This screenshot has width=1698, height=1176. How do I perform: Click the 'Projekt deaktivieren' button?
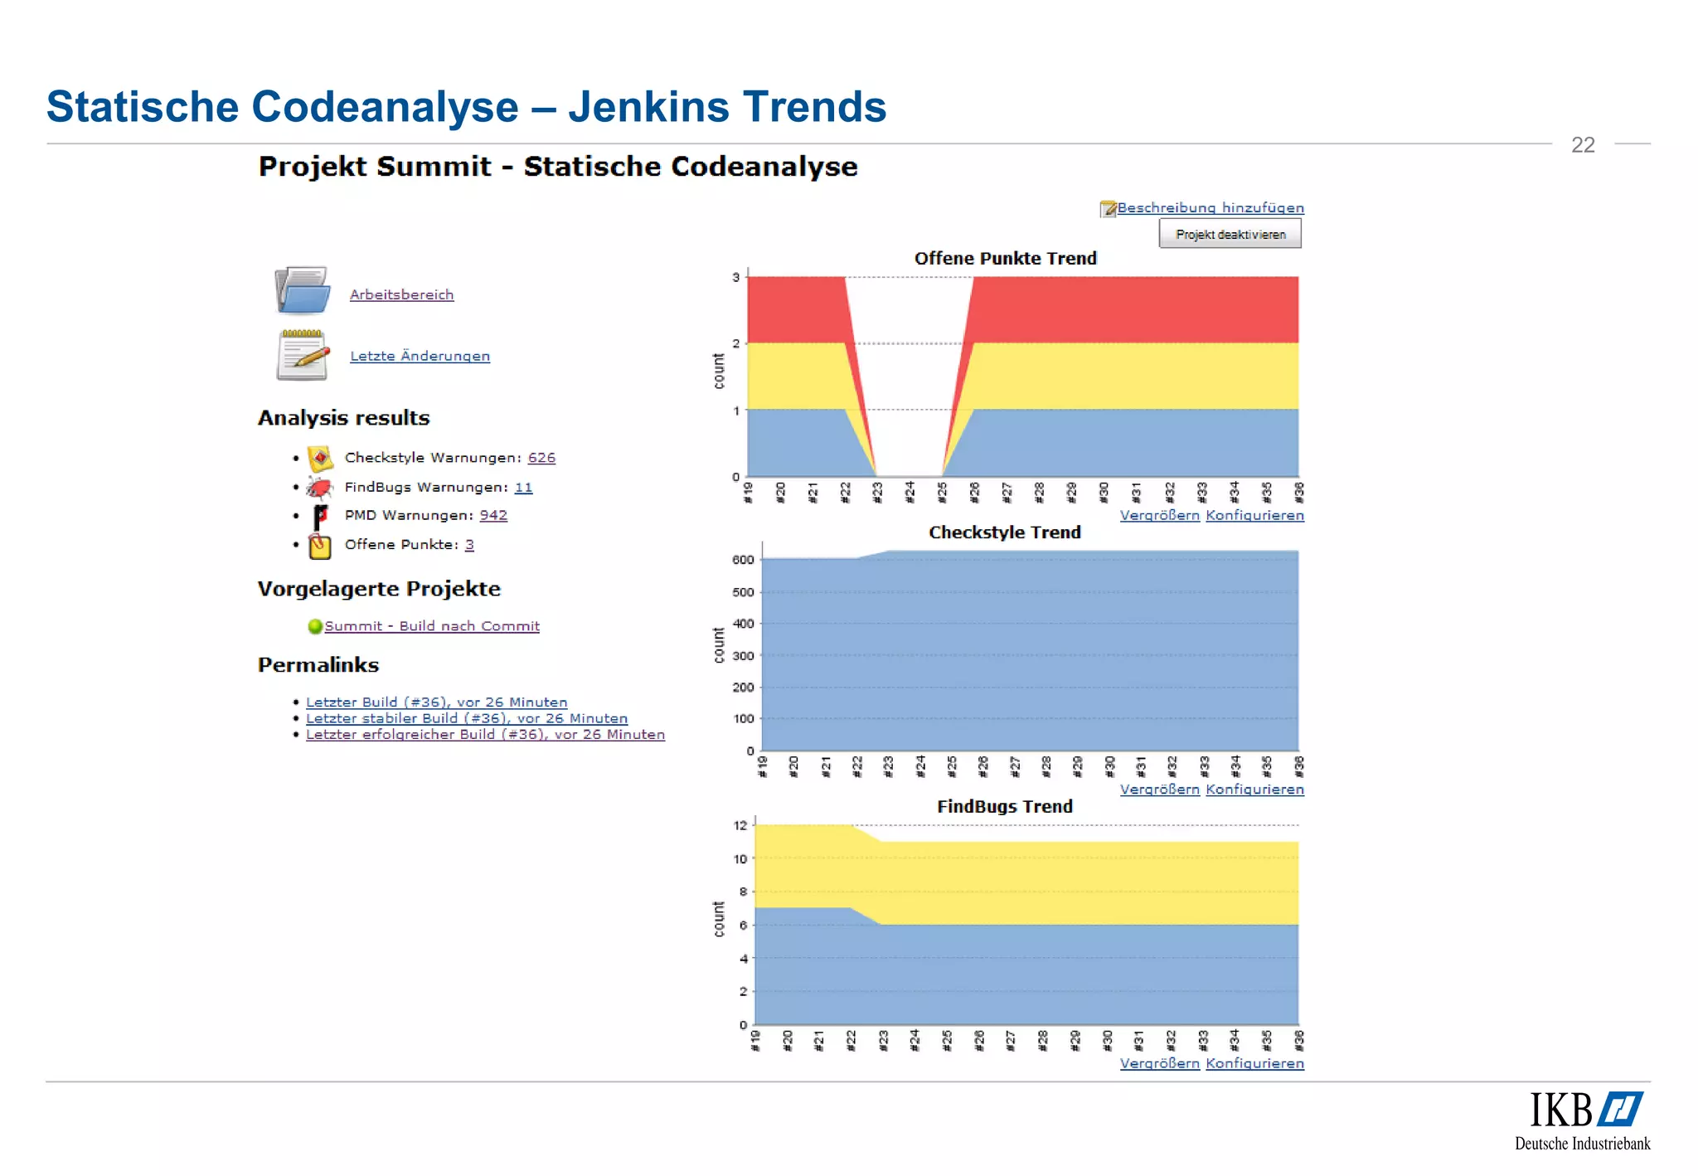(x=1230, y=235)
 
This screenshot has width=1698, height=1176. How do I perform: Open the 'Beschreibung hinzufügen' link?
(x=1210, y=208)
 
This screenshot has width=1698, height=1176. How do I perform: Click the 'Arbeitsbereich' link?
(x=401, y=294)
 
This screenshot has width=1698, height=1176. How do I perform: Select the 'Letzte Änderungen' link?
(x=420, y=356)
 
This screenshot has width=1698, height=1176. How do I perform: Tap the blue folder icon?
(x=303, y=290)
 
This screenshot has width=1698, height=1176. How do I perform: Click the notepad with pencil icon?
(x=303, y=355)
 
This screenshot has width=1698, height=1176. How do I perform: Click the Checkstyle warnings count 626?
(x=541, y=458)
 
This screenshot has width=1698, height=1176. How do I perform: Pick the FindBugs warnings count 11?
(x=523, y=488)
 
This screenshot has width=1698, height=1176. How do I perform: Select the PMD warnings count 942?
(x=493, y=515)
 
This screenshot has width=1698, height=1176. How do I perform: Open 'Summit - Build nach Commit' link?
(x=431, y=626)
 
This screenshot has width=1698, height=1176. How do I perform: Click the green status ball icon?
(x=315, y=626)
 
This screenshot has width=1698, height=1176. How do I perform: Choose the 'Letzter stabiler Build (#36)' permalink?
(x=467, y=718)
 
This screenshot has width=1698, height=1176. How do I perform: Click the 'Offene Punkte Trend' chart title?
(x=1005, y=259)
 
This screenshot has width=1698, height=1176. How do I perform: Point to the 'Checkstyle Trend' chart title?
(x=1005, y=532)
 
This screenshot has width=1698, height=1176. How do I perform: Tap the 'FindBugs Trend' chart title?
(x=1005, y=806)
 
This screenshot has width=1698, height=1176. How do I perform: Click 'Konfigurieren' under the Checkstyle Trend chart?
(x=1254, y=790)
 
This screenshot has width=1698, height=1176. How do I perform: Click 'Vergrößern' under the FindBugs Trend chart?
(x=1159, y=1063)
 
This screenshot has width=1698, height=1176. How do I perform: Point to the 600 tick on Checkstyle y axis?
(x=743, y=560)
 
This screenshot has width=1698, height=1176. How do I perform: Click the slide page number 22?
(x=1583, y=145)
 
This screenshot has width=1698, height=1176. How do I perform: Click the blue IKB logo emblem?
(x=1621, y=1110)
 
